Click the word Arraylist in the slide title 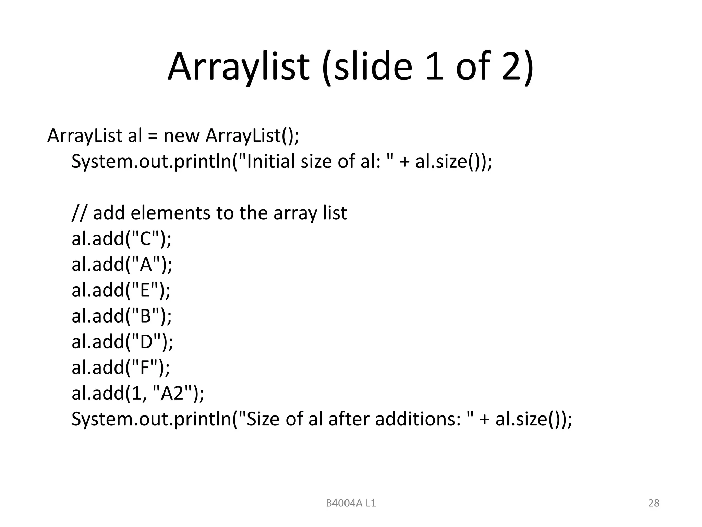pos(239,67)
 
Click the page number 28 pos(654,503)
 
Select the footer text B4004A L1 pos(351,503)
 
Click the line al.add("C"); pos(121,239)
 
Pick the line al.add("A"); pos(122,265)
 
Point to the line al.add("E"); pos(121,290)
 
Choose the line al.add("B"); pos(121,316)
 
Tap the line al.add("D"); pos(122,342)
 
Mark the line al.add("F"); pos(121,367)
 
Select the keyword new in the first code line pos(181,136)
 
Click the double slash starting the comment pos(80,213)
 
